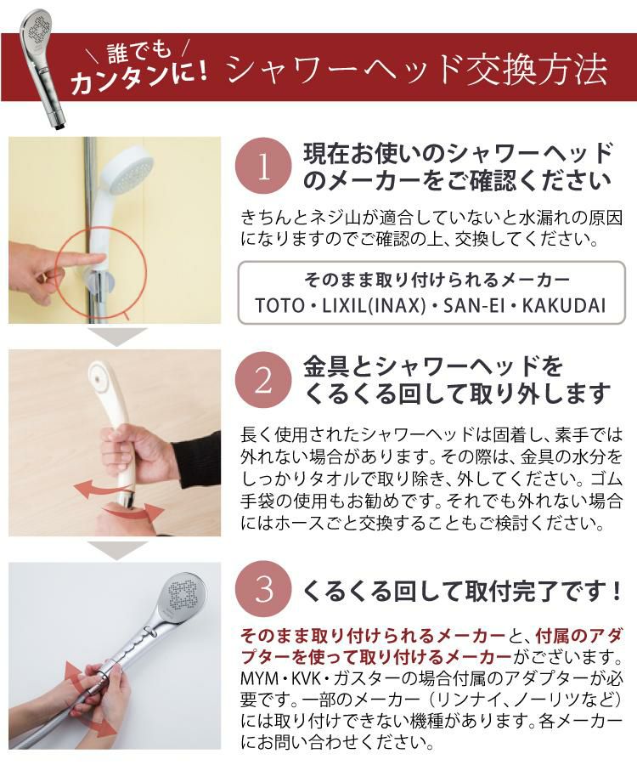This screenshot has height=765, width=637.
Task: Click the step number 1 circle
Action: (262, 167)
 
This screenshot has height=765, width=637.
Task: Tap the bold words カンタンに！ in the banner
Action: (140, 82)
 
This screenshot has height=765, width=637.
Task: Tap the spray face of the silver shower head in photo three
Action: (183, 597)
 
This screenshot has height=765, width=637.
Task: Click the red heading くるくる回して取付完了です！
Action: (458, 589)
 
